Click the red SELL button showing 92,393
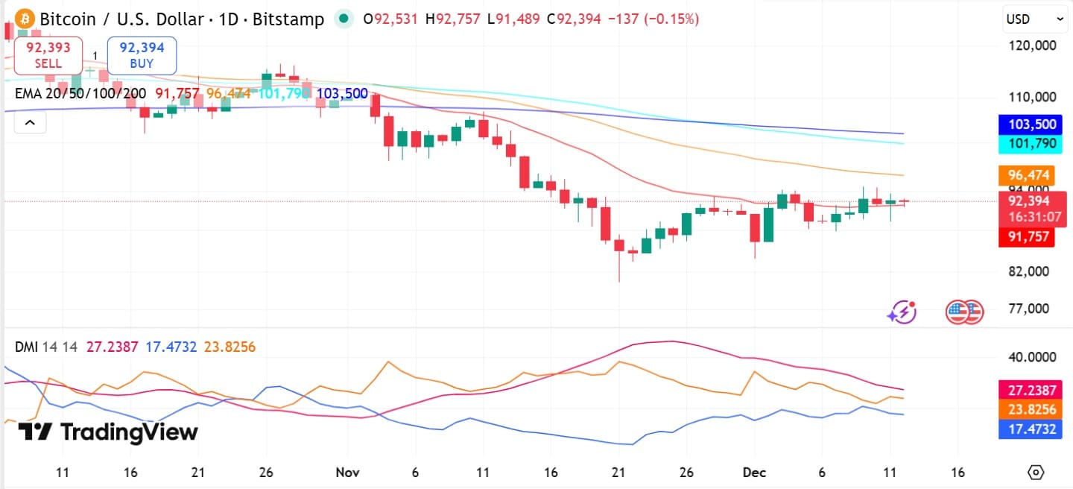(48, 55)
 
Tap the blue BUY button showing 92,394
(142, 55)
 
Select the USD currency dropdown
(1034, 19)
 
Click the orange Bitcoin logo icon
(25, 18)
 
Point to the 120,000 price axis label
(1031, 45)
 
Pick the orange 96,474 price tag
(1028, 175)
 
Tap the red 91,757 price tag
(1028, 238)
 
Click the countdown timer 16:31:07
(1034, 217)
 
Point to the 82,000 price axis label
(1028, 271)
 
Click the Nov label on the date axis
(346, 473)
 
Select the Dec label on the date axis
(756, 473)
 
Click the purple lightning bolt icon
(902, 312)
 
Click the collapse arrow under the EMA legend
(30, 122)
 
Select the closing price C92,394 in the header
(573, 19)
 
